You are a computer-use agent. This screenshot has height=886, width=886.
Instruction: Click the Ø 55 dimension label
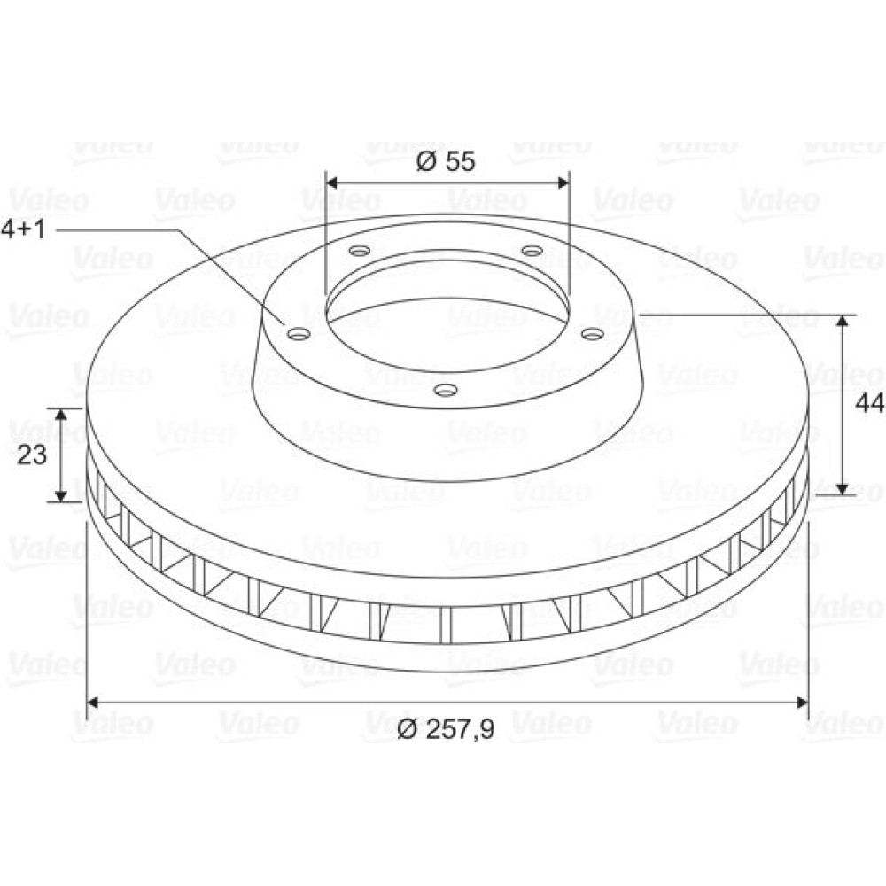point(446,161)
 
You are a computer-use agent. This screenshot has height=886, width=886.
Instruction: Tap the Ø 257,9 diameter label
point(446,728)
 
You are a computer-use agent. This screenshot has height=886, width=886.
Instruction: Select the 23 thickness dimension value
point(32,455)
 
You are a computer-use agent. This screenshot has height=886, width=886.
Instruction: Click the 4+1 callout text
point(23,229)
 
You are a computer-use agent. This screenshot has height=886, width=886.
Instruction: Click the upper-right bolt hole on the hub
point(532,250)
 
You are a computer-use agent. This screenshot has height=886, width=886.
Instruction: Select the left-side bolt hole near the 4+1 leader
point(299,335)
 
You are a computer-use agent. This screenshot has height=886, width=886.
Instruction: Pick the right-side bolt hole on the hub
point(593,335)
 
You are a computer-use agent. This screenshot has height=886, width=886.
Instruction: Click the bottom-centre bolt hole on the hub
point(446,390)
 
